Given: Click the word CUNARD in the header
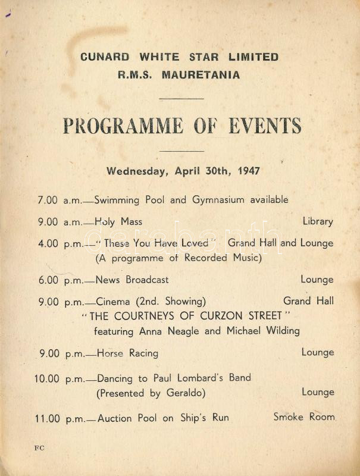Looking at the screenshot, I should point(105,57).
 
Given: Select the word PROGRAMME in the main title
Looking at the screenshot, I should point(123,126).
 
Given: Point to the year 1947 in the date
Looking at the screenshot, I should point(249,171).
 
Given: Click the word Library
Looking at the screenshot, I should point(318,221).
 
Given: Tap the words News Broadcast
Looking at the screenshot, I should point(132,280).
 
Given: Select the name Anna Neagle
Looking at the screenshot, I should point(170,331).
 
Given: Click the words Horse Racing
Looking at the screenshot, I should point(127,353).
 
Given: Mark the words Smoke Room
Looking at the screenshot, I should point(304,417).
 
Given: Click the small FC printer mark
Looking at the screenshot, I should point(39,448).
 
